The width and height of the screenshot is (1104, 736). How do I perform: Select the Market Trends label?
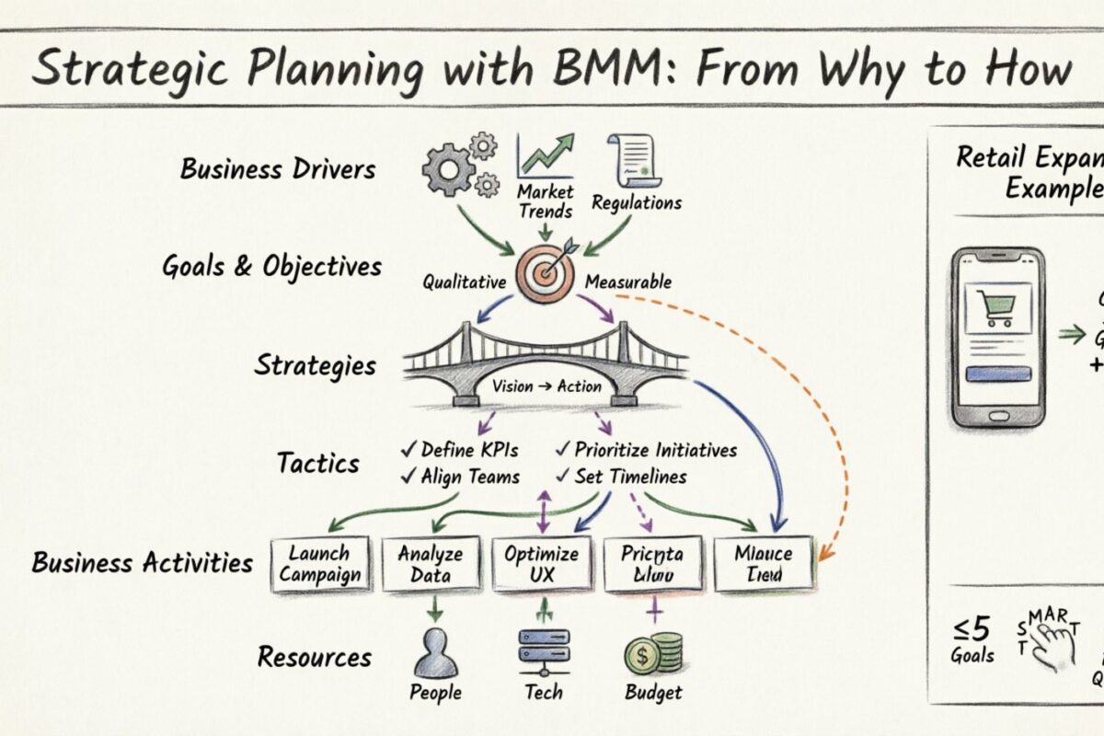click(545, 201)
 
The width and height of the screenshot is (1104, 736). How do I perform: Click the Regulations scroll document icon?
click(631, 162)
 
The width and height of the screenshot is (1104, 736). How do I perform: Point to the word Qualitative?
click(465, 282)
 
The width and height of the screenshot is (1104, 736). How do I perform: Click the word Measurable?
click(628, 282)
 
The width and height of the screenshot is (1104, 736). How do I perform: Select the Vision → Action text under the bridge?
click(546, 385)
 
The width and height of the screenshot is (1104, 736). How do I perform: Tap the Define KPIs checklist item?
click(460, 450)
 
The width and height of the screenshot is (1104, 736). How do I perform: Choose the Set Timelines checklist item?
click(621, 477)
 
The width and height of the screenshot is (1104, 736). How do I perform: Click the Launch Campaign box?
click(320, 564)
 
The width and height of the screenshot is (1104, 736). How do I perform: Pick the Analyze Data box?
click(430, 564)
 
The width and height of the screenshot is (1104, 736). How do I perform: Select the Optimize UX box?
click(541, 564)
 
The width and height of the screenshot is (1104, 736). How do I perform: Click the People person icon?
click(435, 653)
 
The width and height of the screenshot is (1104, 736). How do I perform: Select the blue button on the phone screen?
click(997, 374)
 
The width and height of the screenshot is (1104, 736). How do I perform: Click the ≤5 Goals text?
click(972, 639)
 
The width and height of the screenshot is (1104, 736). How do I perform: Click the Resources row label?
click(315, 658)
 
